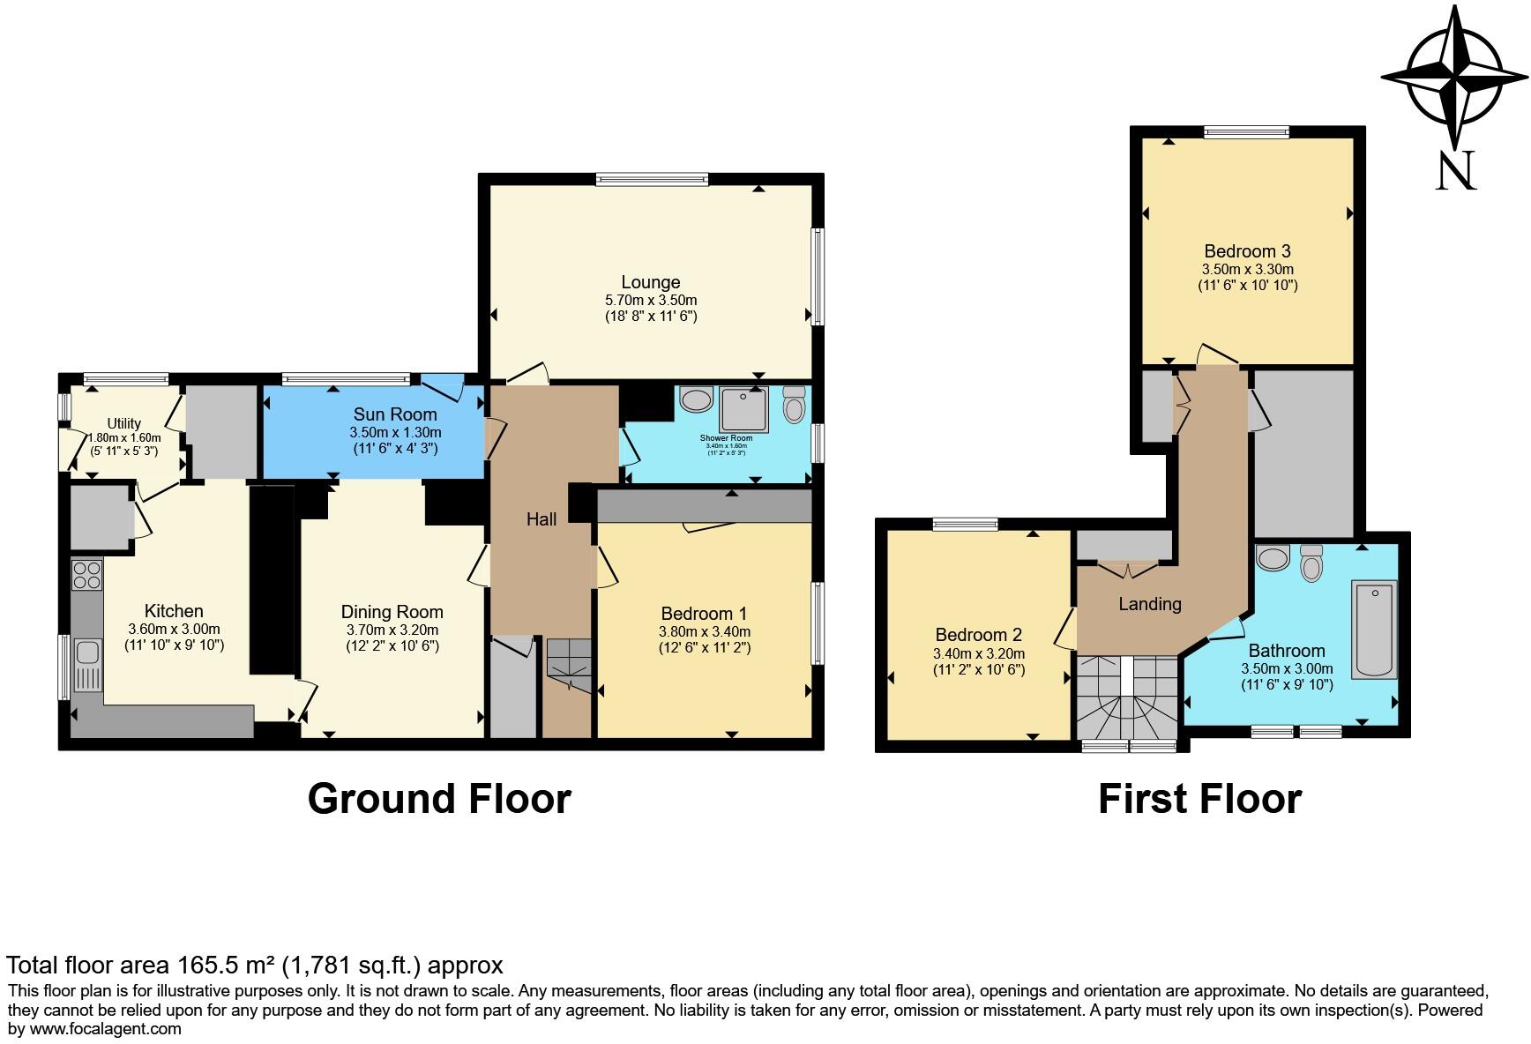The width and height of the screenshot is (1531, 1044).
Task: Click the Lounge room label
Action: pos(651,282)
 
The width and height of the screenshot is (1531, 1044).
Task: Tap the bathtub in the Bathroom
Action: pos(1374,629)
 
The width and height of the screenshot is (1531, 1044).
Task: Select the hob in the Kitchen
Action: pos(86,576)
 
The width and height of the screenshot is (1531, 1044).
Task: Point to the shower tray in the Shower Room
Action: pos(743,409)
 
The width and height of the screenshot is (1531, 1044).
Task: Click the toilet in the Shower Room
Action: pos(795,405)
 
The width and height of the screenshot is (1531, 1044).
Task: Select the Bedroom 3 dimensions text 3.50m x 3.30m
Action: pos(1247,269)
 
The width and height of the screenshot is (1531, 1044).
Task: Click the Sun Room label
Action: pos(395,414)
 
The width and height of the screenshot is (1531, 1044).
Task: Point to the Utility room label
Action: pos(124,424)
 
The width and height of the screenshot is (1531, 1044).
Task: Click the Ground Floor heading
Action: pos(439,799)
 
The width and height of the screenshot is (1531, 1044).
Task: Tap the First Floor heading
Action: pos(1199,799)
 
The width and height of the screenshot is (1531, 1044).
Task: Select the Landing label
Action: pos(1149,604)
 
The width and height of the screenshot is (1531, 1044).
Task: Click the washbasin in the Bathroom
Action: pos(1273,558)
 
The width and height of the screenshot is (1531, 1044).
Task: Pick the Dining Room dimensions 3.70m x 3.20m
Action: pos(392,630)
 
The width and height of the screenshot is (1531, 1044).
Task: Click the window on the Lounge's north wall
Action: pos(652,179)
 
